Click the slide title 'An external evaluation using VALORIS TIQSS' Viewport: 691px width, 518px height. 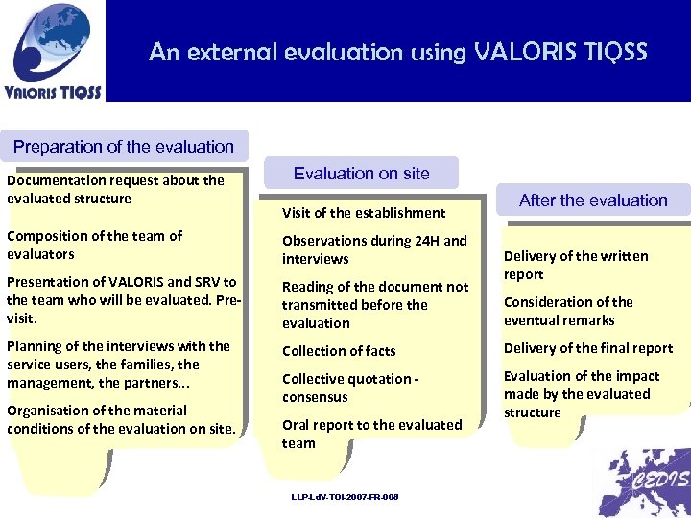point(397,52)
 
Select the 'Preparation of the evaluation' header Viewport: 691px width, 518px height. point(124,147)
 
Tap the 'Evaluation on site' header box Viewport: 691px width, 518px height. point(362,174)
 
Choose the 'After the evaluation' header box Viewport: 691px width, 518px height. point(593,200)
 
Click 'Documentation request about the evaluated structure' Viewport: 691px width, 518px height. point(115,189)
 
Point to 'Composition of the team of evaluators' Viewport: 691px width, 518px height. point(94,245)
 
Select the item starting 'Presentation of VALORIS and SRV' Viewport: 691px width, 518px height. point(122,300)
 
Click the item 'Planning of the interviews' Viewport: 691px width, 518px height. point(118,365)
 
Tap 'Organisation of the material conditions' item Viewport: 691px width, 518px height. point(121,419)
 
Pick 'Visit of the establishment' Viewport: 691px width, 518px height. point(364,213)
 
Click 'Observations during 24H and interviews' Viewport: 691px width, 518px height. point(374,249)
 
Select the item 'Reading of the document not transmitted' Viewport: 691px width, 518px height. point(375,305)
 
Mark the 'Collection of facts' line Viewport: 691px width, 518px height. point(339,351)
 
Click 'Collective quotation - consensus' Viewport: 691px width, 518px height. point(350,388)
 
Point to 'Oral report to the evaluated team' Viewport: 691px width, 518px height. point(371,434)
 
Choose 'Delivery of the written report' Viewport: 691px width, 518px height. point(576,265)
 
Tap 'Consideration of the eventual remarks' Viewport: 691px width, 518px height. point(568,311)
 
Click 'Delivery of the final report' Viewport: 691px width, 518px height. point(588,348)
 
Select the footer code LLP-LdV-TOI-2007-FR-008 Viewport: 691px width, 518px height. point(345,496)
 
